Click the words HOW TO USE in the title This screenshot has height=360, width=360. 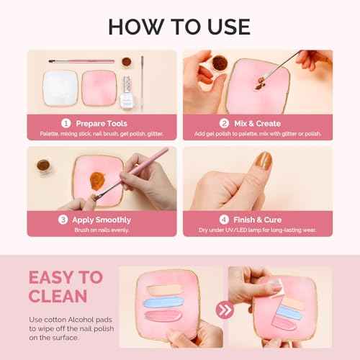tap(179, 27)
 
